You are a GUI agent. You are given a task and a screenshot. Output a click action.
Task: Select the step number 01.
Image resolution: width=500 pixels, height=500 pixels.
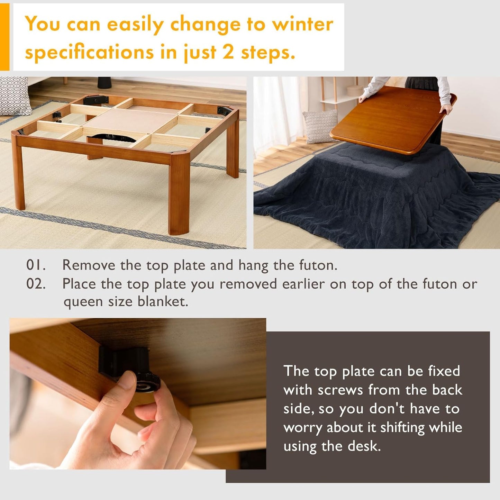pyautogui.click(x=36, y=265)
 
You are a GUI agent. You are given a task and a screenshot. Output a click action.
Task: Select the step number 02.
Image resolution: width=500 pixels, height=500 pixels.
pyautogui.click(x=36, y=284)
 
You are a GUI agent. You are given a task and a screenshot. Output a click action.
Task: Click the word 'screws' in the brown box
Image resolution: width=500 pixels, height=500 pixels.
pyautogui.click(x=340, y=390)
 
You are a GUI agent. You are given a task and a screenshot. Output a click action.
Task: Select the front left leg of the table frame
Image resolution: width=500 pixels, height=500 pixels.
pyautogui.click(x=19, y=173)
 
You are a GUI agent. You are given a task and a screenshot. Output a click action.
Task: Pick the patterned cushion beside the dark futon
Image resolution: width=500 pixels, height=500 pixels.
pyautogui.click(x=320, y=126)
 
